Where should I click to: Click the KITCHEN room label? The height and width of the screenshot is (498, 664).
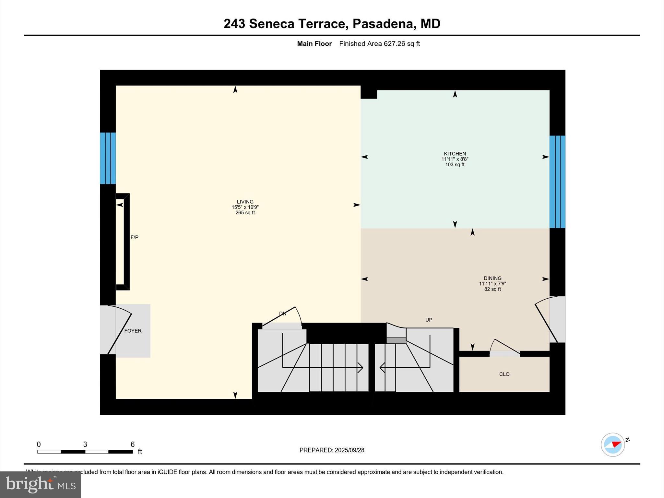(x=455, y=154)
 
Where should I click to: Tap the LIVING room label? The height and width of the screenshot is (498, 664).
(x=245, y=202)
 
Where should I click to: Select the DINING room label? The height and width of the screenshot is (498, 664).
(x=492, y=278)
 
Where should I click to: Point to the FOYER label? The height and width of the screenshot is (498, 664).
(x=133, y=331)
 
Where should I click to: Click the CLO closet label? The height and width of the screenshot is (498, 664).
(x=504, y=374)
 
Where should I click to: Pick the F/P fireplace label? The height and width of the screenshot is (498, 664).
(x=134, y=237)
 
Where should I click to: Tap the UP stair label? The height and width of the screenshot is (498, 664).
(x=429, y=320)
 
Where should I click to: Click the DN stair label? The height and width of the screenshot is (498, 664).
(x=283, y=314)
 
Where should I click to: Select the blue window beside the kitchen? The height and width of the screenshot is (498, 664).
(x=557, y=182)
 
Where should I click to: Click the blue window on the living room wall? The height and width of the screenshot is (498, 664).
(x=108, y=158)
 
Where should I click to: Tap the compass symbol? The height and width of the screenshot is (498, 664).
(x=613, y=445)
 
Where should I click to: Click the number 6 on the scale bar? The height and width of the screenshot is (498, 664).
(x=132, y=445)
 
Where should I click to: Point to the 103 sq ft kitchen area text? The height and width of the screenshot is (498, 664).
(x=455, y=165)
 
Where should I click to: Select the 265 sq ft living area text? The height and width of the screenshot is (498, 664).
(x=245, y=213)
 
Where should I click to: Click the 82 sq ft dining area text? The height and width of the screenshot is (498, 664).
(x=492, y=289)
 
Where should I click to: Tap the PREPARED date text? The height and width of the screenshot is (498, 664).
(x=332, y=450)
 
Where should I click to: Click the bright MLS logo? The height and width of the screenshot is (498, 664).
(x=41, y=484)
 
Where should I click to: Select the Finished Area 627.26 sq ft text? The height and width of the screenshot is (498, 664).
(x=379, y=44)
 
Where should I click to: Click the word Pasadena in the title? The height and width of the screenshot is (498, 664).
(x=383, y=24)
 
